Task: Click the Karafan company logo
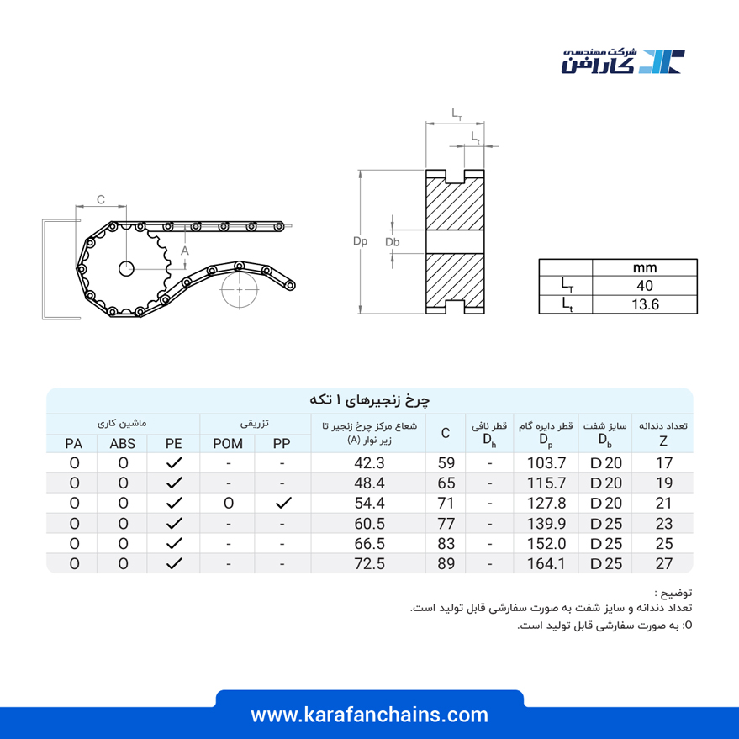click(623, 61)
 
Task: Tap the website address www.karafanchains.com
click(370, 715)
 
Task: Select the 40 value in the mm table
click(645, 286)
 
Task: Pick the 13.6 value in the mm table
click(645, 304)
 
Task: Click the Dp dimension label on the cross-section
click(360, 241)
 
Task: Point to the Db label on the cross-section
click(392, 242)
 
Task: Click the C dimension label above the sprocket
click(101, 199)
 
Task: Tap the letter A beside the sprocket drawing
click(185, 251)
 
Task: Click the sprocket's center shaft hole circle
click(126, 269)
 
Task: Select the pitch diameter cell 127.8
click(546, 504)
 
